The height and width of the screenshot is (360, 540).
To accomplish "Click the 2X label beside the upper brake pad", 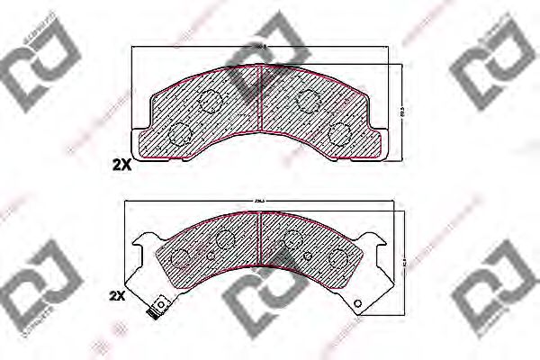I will pyautogui.click(x=121, y=165).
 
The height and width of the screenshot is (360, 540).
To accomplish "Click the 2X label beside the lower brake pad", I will pyautogui.click(x=117, y=296).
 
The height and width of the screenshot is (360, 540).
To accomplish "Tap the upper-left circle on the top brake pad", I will pyautogui.click(x=210, y=101).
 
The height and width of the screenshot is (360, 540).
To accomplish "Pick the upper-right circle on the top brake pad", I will pyautogui.click(x=310, y=101).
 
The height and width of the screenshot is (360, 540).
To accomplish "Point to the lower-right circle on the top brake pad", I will pyautogui.click(x=340, y=133).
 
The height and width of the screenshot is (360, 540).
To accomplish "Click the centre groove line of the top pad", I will pyautogui.click(x=260, y=108).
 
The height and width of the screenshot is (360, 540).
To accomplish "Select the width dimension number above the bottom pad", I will pyautogui.click(x=260, y=200).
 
